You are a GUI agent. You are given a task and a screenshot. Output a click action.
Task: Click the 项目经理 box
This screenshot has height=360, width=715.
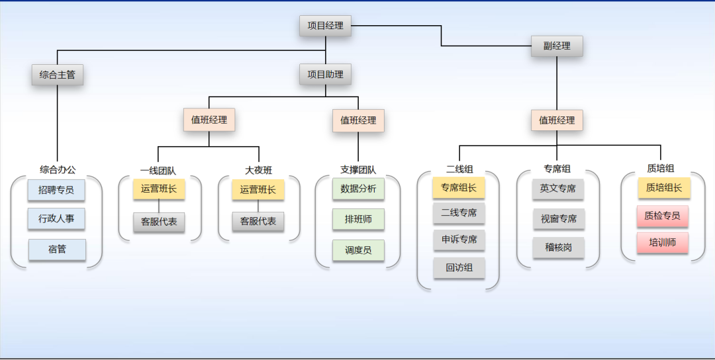point(325,26)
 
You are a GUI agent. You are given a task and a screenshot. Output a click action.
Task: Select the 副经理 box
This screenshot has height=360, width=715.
point(557,46)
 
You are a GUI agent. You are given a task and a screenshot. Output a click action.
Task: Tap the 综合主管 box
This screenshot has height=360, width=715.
point(58,75)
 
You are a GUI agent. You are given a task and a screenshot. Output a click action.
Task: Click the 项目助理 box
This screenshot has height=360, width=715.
point(325,74)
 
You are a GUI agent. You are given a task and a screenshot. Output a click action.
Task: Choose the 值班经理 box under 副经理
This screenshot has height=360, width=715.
point(557,120)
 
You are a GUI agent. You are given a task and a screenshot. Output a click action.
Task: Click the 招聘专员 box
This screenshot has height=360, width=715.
point(57,190)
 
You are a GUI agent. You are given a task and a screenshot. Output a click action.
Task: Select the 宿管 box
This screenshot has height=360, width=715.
point(57,249)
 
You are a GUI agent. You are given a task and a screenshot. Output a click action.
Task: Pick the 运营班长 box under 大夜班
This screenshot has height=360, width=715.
point(258,189)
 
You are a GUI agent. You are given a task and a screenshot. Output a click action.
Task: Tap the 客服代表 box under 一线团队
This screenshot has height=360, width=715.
point(159,222)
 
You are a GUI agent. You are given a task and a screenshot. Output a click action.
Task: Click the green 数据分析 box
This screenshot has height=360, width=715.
point(358,189)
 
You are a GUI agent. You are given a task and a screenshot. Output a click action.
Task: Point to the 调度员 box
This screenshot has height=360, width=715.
point(358,250)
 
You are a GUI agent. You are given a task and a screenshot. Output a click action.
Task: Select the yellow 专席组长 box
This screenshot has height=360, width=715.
point(459,188)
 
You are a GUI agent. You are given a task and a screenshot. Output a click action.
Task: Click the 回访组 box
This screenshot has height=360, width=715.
point(459,268)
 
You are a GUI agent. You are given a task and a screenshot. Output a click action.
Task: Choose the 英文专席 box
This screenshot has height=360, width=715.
point(558,189)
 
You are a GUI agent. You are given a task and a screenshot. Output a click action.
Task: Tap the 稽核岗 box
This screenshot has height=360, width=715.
point(558,247)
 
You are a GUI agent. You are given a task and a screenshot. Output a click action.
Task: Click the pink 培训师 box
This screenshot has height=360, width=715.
point(663,242)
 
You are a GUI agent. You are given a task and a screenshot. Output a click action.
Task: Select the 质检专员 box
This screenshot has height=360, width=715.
point(663,216)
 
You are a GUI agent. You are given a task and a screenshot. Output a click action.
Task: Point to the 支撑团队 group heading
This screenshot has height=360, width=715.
point(358,170)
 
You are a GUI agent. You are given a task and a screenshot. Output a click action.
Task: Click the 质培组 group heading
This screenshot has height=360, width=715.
point(661,169)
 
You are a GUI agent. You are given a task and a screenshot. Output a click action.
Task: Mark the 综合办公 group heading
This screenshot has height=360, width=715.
point(58,170)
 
